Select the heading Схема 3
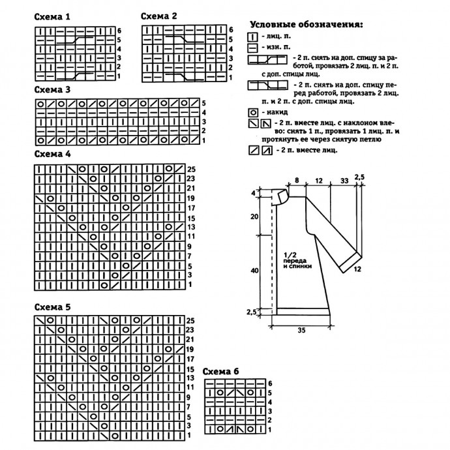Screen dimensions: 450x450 click(x=53, y=89)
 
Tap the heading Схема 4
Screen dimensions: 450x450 click(x=53, y=155)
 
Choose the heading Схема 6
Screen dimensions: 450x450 click(x=220, y=371)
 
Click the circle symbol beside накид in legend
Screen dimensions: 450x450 click(x=253, y=112)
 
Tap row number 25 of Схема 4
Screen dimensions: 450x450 click(x=190, y=169)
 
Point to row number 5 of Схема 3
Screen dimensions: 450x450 click(x=203, y=103)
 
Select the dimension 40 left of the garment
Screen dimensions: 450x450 click(x=255, y=268)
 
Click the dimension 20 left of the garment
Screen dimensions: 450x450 click(x=255, y=216)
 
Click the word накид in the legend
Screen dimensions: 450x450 click(x=275, y=112)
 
